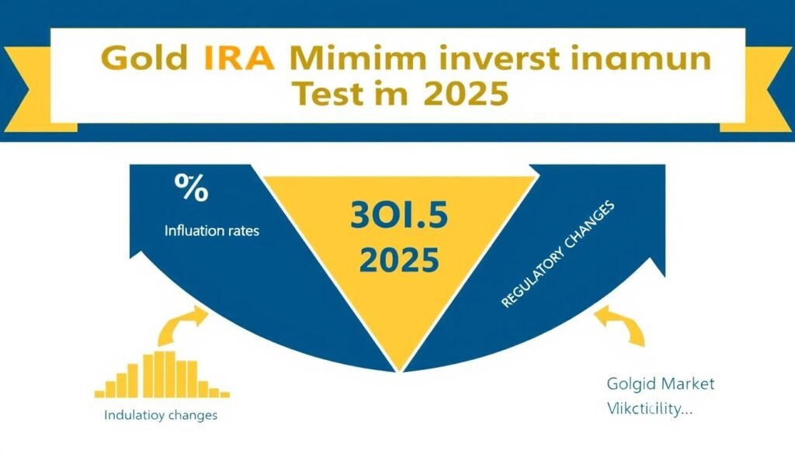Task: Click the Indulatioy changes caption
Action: (x=160, y=415)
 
